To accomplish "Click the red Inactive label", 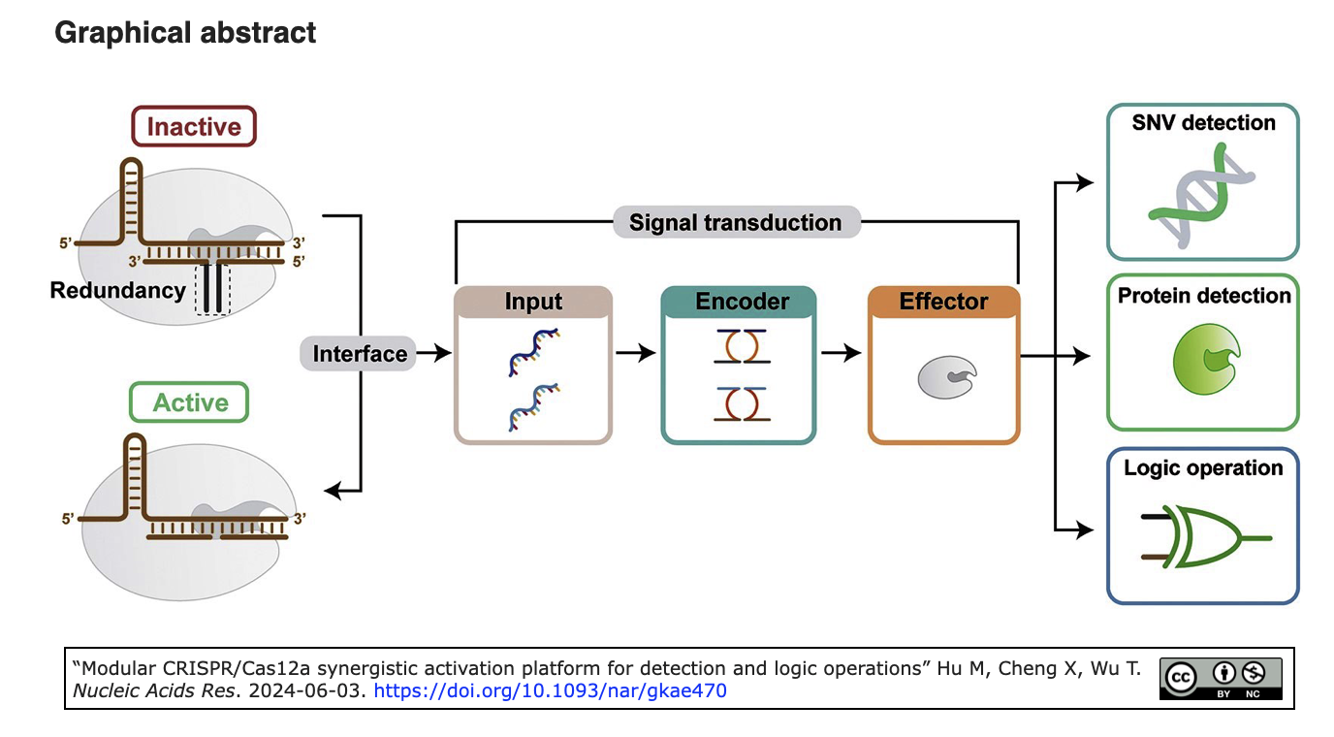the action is (194, 126).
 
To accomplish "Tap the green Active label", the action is (189, 402).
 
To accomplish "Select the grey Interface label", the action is (359, 353).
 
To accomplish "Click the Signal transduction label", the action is (737, 222).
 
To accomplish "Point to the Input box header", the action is (533, 302).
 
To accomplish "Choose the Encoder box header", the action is (739, 302).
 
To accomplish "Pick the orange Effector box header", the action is (944, 302).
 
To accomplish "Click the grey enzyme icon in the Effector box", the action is (946, 377).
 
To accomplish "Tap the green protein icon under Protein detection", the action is (1206, 359).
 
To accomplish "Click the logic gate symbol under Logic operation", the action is (1206, 536).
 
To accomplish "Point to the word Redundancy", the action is (118, 290).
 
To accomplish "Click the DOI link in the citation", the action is (550, 690).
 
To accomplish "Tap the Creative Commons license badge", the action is (1221, 679).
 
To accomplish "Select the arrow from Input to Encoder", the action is (635, 353).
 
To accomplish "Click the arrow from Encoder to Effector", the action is (841, 353).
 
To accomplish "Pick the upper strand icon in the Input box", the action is (533, 352).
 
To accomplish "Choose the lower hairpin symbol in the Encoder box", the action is (742, 404).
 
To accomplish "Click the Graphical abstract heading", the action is (185, 32).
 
